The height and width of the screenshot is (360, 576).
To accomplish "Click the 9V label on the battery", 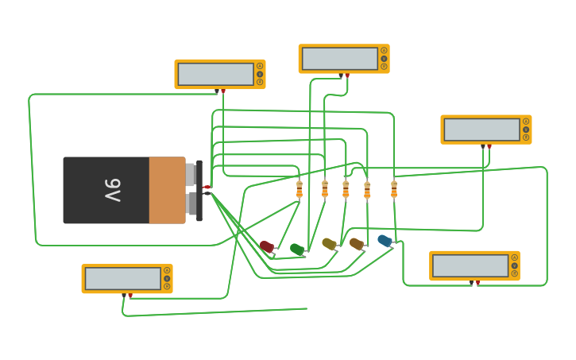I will [x=113, y=190].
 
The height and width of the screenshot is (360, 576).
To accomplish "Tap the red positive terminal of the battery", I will [x=207, y=187].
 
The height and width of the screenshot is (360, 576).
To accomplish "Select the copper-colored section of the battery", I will [x=167, y=190].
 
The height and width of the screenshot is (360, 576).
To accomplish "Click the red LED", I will [x=267, y=246].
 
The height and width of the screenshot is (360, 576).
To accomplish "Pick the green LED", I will [x=296, y=250].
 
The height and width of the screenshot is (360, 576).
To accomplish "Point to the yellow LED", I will [x=329, y=244].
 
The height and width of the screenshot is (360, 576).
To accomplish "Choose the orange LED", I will [x=356, y=243].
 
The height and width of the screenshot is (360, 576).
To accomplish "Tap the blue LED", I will [x=385, y=240].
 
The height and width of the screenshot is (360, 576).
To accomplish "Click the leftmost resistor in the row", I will [x=300, y=189].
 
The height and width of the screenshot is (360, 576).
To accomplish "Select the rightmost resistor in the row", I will [x=394, y=189].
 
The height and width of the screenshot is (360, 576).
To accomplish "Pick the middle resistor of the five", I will [x=346, y=189].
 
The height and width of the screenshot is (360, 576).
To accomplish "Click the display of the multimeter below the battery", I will [x=122, y=278].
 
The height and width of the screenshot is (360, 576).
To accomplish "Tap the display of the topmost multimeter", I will [x=339, y=58].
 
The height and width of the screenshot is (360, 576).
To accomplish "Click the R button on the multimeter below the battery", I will [x=167, y=286].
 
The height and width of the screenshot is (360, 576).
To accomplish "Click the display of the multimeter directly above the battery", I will [x=215, y=74].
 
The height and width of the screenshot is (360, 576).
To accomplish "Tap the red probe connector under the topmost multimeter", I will [x=347, y=75].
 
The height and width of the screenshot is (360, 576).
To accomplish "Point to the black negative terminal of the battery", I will [x=207, y=193].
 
